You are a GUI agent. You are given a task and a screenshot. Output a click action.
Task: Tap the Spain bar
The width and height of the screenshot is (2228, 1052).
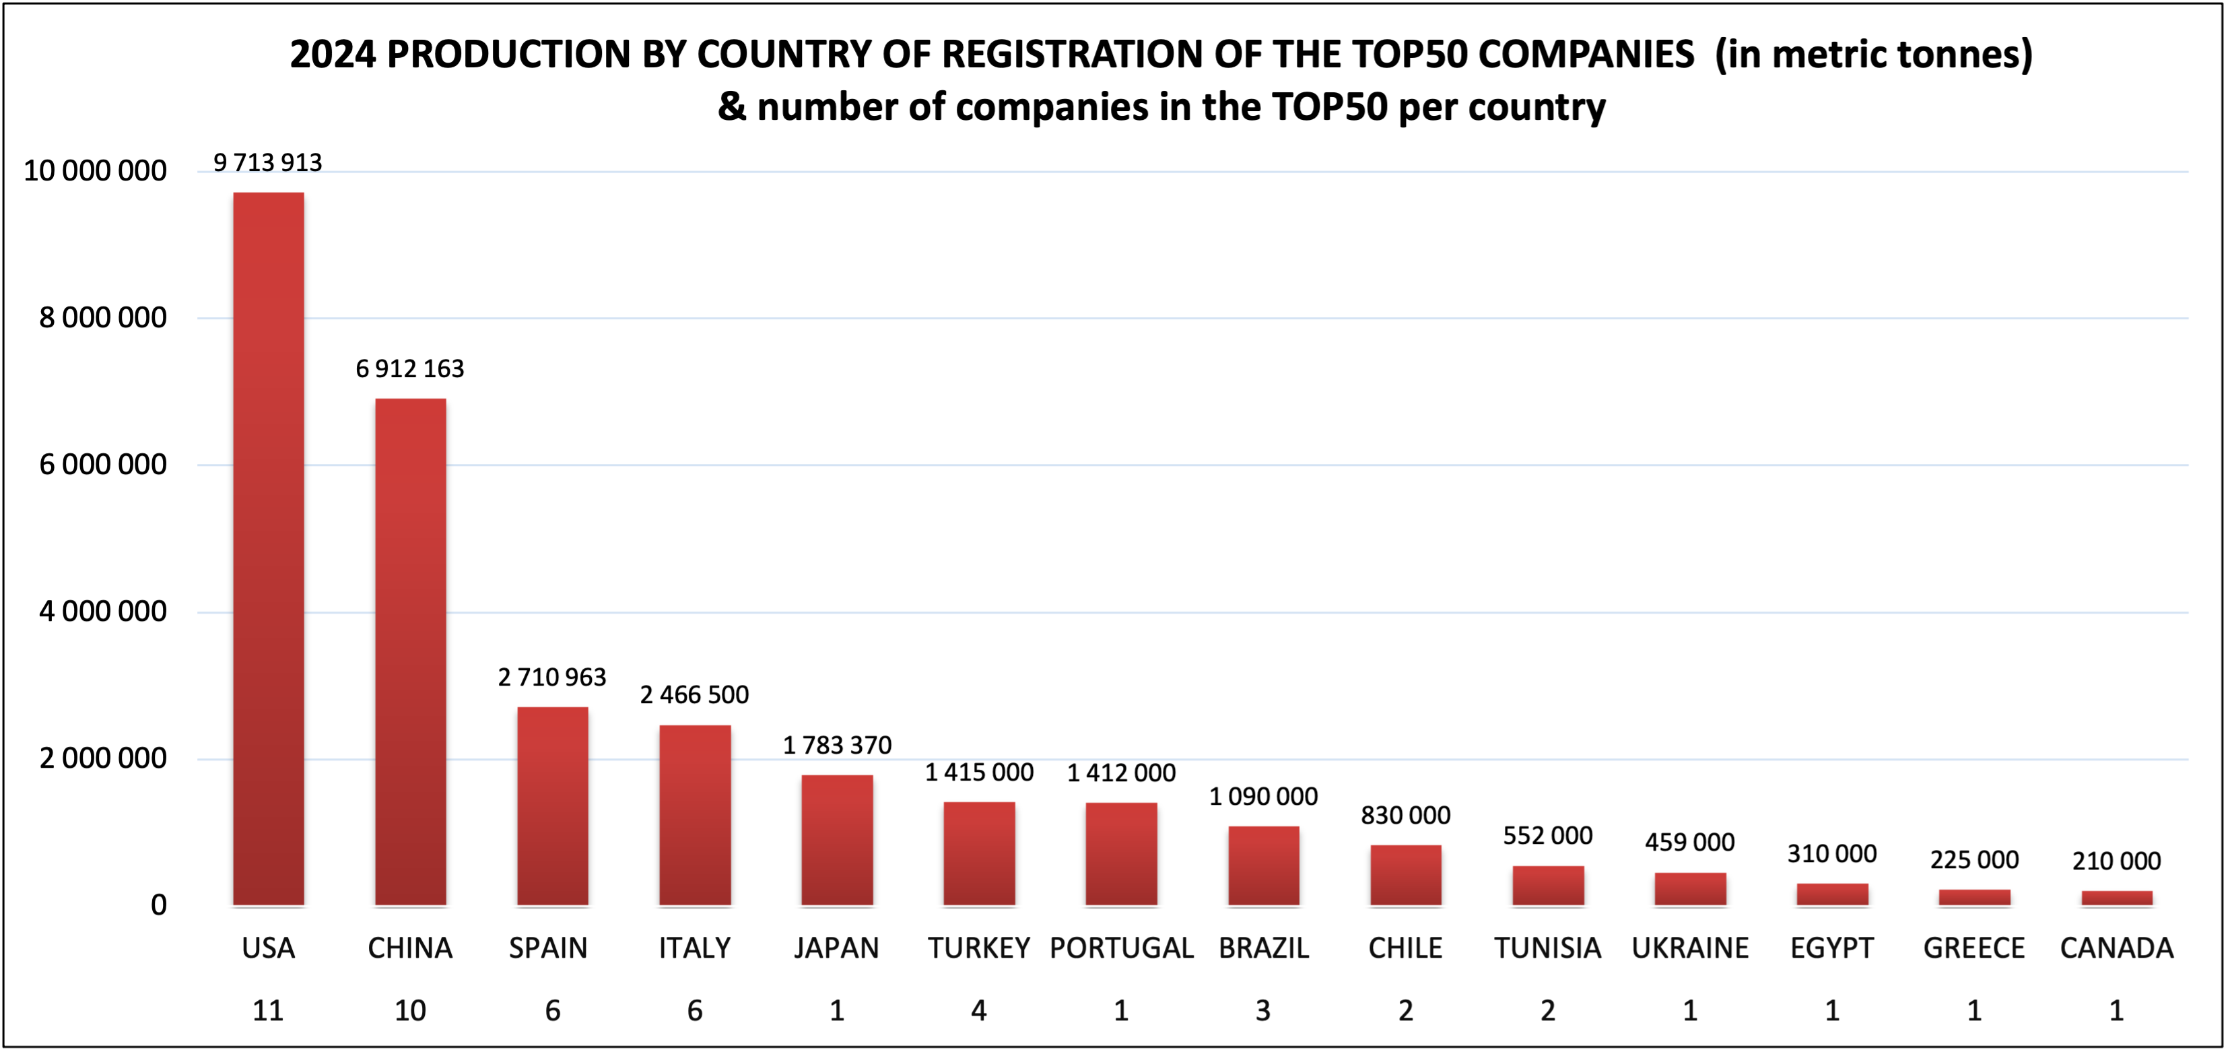(x=553, y=806)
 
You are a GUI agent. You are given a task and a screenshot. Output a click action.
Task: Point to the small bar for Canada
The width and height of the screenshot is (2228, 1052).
(x=2116, y=898)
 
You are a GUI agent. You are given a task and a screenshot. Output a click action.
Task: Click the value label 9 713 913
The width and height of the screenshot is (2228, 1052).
(x=267, y=162)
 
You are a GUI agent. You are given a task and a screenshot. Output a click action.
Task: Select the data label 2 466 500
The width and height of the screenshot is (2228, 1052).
(x=694, y=694)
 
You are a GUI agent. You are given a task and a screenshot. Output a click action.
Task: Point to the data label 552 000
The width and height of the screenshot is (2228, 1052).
(x=1547, y=836)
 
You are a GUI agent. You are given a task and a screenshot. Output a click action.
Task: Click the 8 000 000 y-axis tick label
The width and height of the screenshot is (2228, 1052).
(x=103, y=319)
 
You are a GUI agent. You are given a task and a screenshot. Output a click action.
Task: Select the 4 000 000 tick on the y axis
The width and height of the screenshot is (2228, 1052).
(x=103, y=612)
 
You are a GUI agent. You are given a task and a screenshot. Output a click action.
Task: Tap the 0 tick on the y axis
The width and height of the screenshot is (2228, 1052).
(x=158, y=905)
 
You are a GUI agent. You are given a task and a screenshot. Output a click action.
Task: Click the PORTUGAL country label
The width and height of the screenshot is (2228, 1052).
(x=1121, y=948)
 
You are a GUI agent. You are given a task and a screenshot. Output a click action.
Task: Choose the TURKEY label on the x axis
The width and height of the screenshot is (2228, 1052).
(x=979, y=948)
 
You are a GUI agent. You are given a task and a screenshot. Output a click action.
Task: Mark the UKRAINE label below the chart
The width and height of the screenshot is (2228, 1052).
(x=1690, y=948)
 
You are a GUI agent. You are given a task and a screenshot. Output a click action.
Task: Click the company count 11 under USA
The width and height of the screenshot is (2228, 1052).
(x=268, y=1010)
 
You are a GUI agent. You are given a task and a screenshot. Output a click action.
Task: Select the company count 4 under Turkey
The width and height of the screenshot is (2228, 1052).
(x=979, y=1010)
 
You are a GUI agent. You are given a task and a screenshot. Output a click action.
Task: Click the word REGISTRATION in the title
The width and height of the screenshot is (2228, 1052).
(x=1073, y=55)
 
